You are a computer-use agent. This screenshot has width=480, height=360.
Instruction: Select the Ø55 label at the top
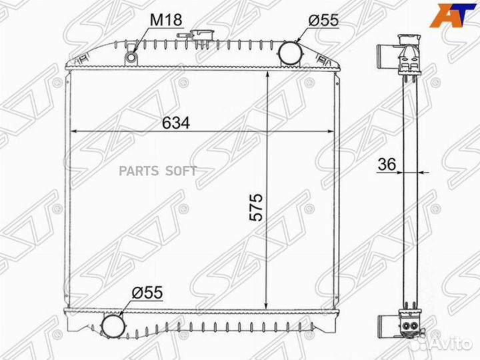pos(323,19)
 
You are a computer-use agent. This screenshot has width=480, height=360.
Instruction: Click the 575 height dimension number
pos(257,208)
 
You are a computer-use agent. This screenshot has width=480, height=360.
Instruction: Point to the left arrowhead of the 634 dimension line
pos(74,132)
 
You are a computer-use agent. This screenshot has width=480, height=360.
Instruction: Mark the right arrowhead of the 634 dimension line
pos(331,132)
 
